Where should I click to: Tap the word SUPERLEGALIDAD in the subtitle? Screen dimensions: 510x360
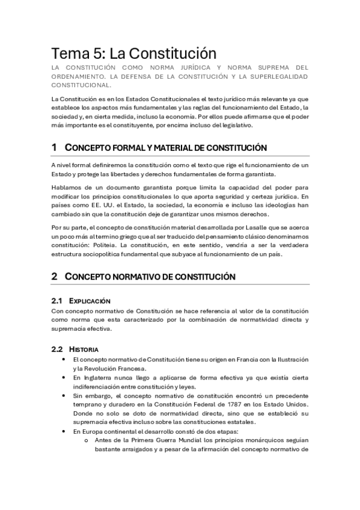(x=274, y=76)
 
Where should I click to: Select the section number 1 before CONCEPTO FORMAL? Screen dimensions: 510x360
(x=54, y=147)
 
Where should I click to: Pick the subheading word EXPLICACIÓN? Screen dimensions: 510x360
(x=90, y=300)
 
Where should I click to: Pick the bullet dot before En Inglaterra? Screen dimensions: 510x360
(x=63, y=377)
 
